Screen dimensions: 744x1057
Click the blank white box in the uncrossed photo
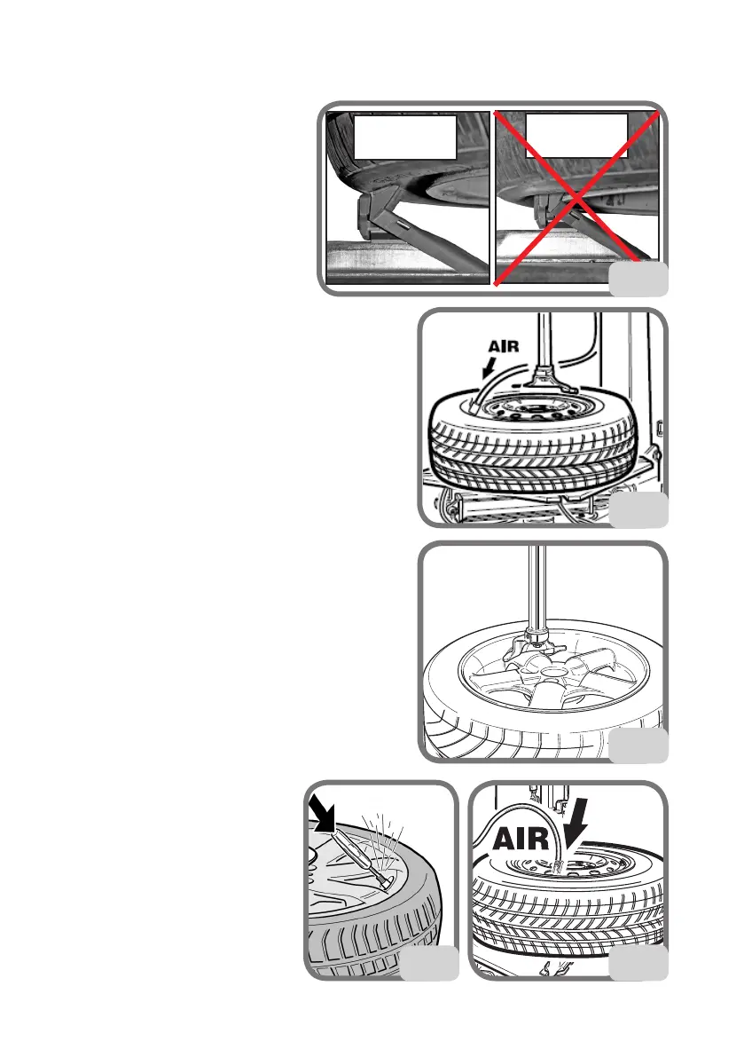[405, 136]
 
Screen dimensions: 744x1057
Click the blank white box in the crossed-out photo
[576, 135]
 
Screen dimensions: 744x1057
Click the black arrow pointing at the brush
[325, 814]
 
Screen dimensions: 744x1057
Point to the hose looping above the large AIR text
[532, 810]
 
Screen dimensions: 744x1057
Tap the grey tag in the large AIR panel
[638, 964]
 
